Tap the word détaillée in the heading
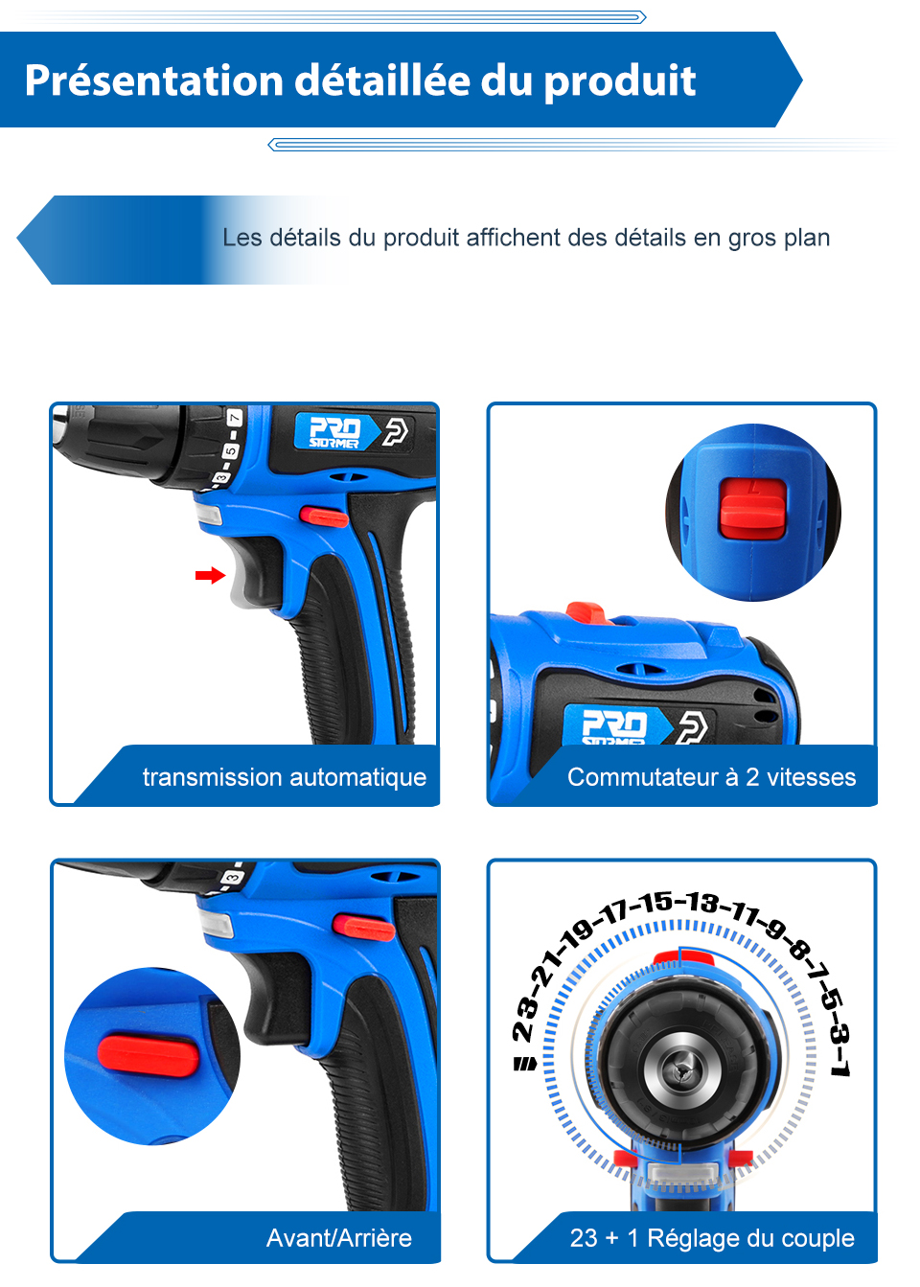(383, 80)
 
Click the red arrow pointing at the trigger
(210, 575)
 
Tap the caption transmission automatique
(285, 777)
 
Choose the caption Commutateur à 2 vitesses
(711, 777)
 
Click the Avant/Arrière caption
(338, 1238)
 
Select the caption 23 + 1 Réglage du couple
(711, 1238)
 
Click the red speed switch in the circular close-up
(753, 507)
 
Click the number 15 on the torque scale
(656, 902)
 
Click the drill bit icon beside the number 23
(525, 1064)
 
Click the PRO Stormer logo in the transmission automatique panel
(335, 432)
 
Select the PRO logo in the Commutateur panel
(615, 724)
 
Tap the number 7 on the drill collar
(234, 419)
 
